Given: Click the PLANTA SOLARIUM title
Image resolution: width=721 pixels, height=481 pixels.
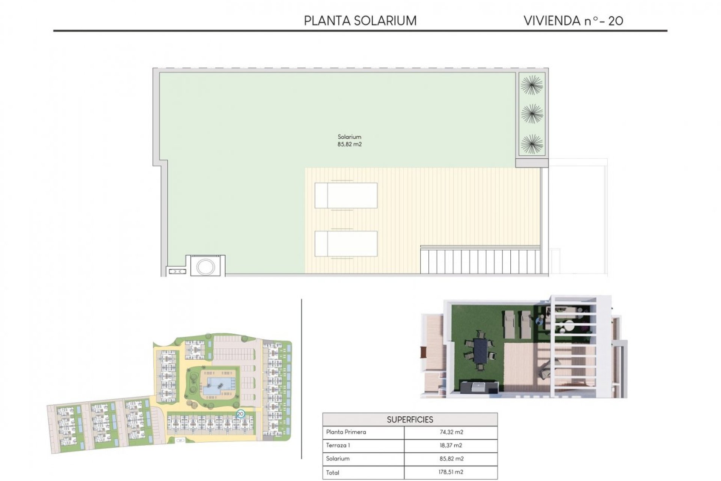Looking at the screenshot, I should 360,21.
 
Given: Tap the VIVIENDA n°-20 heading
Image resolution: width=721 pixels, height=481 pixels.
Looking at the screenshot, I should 573,21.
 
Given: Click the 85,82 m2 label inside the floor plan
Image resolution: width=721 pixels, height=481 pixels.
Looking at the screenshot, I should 349,144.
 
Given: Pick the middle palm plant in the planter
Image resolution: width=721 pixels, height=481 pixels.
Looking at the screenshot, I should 532,114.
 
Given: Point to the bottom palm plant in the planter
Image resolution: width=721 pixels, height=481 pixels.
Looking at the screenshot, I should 532,144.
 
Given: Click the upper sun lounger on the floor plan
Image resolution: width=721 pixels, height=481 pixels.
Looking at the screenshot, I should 346,195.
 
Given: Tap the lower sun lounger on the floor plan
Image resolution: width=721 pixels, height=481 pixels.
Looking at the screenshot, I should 346,244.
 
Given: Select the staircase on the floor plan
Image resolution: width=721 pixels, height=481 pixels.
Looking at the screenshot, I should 481,261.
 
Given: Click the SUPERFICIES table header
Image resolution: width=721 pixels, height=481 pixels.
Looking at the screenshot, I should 410,419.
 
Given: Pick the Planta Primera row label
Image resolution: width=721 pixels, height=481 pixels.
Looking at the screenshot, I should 346,432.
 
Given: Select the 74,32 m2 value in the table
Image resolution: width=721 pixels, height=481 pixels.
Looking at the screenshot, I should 451,432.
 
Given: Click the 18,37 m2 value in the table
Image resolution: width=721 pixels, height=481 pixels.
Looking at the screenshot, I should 451,445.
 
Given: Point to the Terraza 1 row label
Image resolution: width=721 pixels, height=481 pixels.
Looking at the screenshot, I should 338,445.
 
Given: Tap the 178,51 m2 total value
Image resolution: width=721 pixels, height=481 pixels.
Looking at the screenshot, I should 451,472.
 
